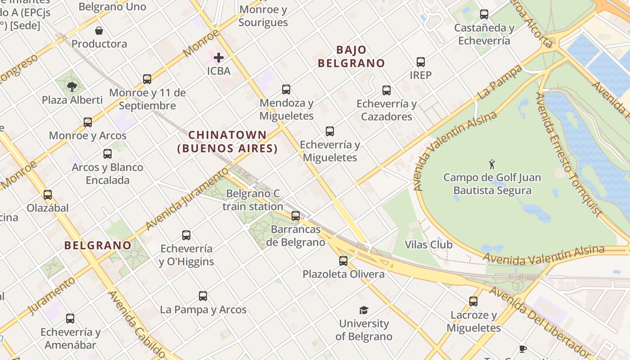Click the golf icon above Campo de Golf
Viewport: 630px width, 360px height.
click(x=492, y=164)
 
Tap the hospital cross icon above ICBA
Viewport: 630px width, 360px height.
click(x=219, y=58)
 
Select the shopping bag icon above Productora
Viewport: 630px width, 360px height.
click(x=99, y=31)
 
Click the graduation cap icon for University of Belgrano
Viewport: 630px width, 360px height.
click(x=364, y=310)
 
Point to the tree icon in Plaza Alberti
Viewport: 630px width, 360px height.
click(x=72, y=86)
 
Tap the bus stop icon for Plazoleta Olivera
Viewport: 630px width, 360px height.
click(x=343, y=261)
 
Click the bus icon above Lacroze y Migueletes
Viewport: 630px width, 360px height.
click(x=473, y=301)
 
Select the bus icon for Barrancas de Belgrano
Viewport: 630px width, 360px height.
click(x=296, y=216)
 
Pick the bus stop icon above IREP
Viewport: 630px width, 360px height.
click(x=421, y=62)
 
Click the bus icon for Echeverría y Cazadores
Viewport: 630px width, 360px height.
click(x=387, y=90)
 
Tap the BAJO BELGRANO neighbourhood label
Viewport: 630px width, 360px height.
click(x=351, y=57)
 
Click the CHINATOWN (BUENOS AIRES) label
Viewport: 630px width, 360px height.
click(x=227, y=141)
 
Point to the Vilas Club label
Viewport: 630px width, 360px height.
click(x=428, y=245)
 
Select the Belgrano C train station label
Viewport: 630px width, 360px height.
click(x=253, y=200)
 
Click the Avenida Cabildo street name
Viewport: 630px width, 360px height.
click(x=137, y=324)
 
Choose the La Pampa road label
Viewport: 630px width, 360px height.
click(x=500, y=82)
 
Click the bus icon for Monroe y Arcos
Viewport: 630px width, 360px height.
click(x=88, y=122)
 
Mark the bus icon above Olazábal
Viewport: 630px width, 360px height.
click(x=48, y=195)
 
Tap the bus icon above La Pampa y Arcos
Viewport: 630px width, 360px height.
click(x=203, y=296)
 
